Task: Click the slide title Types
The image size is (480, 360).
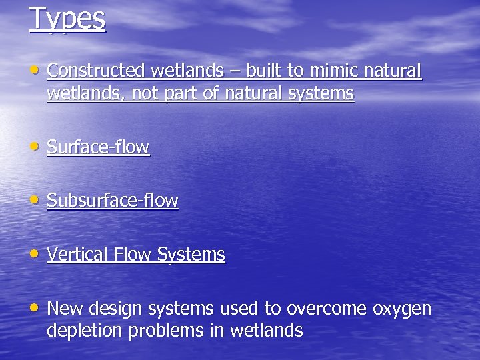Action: [x=67, y=18]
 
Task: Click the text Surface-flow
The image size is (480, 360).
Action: [x=98, y=147]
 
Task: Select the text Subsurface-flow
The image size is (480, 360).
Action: [x=113, y=201]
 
